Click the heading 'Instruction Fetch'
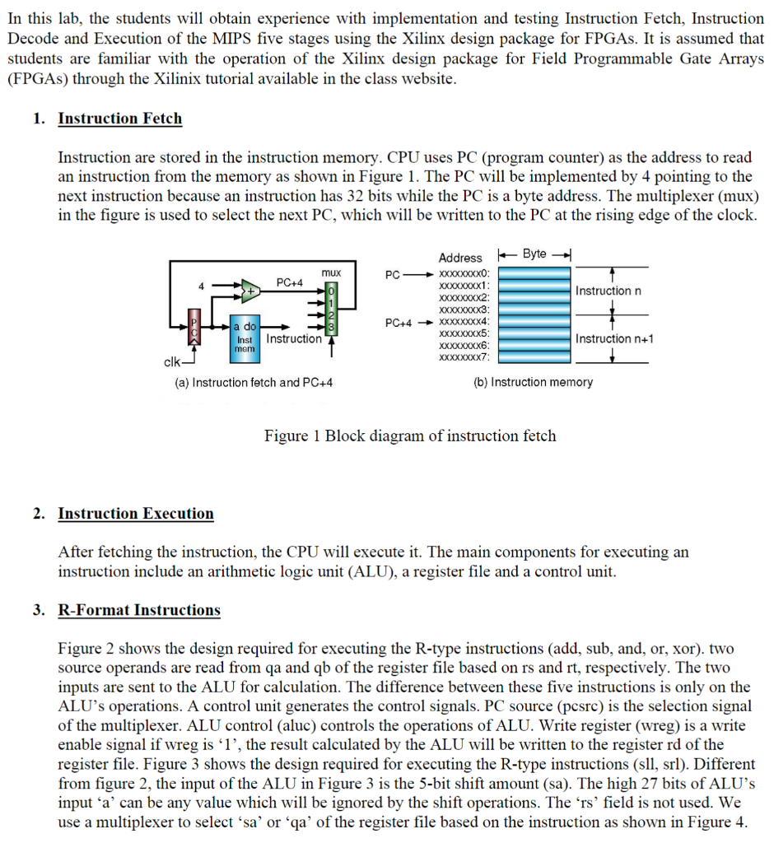[x=119, y=119]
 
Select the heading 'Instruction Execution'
[x=135, y=514]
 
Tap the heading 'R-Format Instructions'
[x=138, y=610]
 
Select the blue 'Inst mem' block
[x=245, y=338]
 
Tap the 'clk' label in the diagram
[x=173, y=361]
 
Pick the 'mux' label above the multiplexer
[x=331, y=272]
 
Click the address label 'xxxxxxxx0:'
[x=465, y=272]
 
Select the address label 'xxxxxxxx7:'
[x=465, y=358]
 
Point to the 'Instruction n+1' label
[x=614, y=338]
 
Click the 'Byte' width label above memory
[x=534, y=254]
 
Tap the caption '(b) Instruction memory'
[x=534, y=382]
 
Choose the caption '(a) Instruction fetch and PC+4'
[x=254, y=382]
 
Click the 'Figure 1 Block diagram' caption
[x=409, y=435]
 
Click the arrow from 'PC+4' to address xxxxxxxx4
[x=427, y=322]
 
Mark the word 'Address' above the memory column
[x=460, y=258]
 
